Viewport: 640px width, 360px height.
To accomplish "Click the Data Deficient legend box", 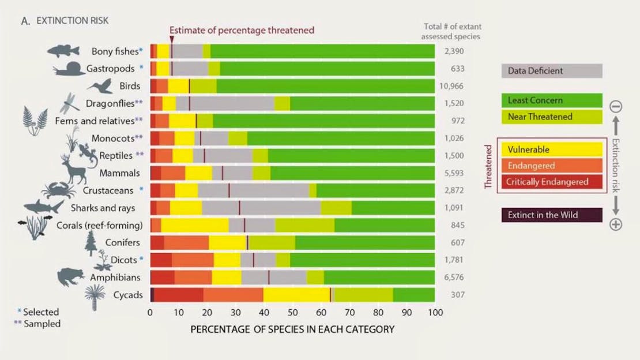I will point(551,71).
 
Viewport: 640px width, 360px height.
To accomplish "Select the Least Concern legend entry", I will point(551,100).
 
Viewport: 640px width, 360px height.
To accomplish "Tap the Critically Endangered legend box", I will point(551,182).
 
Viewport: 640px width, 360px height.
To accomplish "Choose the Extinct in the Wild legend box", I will point(551,215).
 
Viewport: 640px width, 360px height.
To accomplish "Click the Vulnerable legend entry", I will point(551,149).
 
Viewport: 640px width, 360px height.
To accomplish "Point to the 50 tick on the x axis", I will point(292,313).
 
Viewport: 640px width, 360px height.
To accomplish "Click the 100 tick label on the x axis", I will point(435,313).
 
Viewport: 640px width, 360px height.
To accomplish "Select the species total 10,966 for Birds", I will point(454,86).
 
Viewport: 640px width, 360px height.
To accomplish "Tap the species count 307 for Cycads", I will point(454,295).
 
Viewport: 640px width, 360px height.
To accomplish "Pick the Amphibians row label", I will point(115,277).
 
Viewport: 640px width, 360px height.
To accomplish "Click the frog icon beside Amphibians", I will point(70,276).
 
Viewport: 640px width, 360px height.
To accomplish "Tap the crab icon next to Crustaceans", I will point(55,190).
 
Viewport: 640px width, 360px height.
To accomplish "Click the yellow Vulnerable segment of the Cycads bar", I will point(296,295).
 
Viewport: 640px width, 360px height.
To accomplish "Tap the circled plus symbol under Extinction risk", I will point(615,224).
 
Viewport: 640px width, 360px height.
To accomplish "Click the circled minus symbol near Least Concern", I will point(615,106).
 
